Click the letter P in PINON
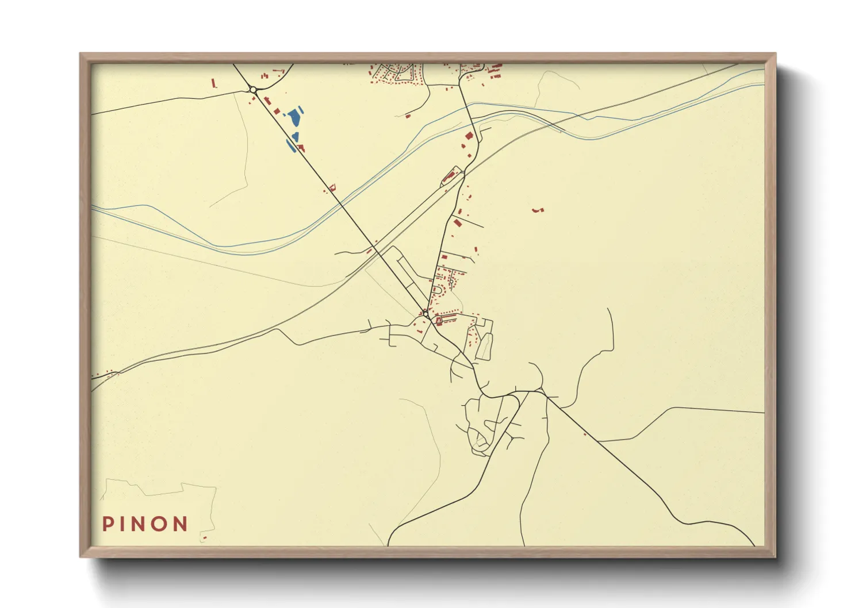pyautogui.click(x=108, y=524)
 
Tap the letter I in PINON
pyautogui.click(x=124, y=524)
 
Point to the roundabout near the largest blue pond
pyautogui.click(x=253, y=89)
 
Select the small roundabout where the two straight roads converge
pyautogui.click(x=425, y=313)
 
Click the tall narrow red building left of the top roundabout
pyautogui.click(x=213, y=83)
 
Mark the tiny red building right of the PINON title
pyautogui.click(x=204, y=538)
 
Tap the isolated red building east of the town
pyautogui.click(x=538, y=211)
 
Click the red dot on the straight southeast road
pyautogui.click(x=585, y=434)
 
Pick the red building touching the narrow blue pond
pyautogui.click(x=300, y=148)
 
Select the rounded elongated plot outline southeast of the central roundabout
pyautogui.click(x=485, y=347)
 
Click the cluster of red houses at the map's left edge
pyautogui.click(x=103, y=375)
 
